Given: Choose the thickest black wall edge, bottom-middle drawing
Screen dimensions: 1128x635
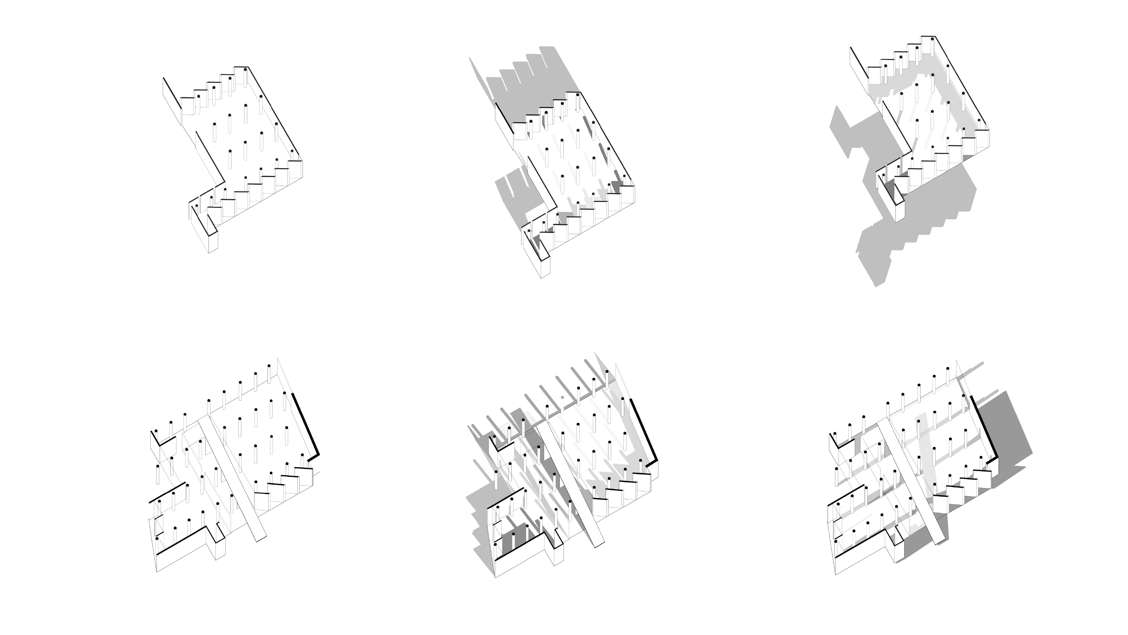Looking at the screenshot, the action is coord(644,429).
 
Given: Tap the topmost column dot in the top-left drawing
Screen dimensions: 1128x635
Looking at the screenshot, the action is coord(245,68).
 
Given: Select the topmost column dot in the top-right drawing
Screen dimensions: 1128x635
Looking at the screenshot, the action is coord(933,39).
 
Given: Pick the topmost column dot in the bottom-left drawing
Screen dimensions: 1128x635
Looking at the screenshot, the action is coord(269,366).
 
